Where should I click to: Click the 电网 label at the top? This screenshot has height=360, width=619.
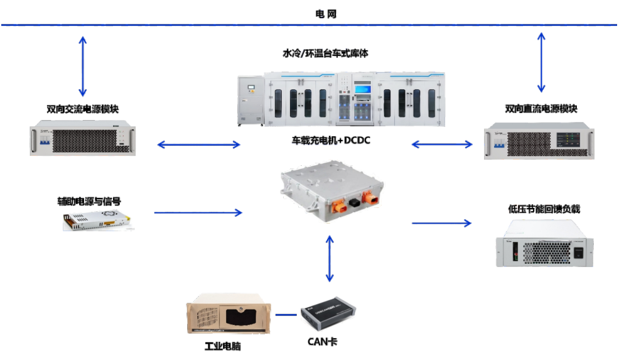pyautogui.click(x=326, y=14)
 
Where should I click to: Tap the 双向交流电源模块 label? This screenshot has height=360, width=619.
pyautogui.click(x=83, y=109)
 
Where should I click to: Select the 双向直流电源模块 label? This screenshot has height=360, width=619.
pyautogui.click(x=541, y=109)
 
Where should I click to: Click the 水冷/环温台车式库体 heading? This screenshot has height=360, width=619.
pyautogui.click(x=325, y=54)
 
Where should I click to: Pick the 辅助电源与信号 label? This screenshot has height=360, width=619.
pyautogui.click(x=89, y=202)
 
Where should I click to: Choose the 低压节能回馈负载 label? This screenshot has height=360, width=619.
pyautogui.click(x=544, y=209)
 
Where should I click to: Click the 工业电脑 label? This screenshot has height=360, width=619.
pyautogui.click(x=223, y=346)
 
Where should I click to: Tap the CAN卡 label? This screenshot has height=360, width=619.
pyautogui.click(x=323, y=342)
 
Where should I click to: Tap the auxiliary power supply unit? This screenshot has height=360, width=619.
pyautogui.click(x=98, y=220)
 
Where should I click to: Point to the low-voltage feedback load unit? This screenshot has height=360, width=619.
pyautogui.click(x=544, y=251)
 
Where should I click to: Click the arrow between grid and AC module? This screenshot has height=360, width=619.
pyautogui.click(x=82, y=66)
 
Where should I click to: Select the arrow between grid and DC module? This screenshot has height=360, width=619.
pyautogui.click(x=541, y=62)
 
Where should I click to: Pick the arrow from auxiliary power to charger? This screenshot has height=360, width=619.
pyautogui.click(x=198, y=213)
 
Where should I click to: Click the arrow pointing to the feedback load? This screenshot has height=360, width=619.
pyautogui.click(x=441, y=222)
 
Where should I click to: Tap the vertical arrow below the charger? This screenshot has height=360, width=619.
pyautogui.click(x=328, y=258)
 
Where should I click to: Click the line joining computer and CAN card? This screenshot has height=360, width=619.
pyautogui.click(x=286, y=314)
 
